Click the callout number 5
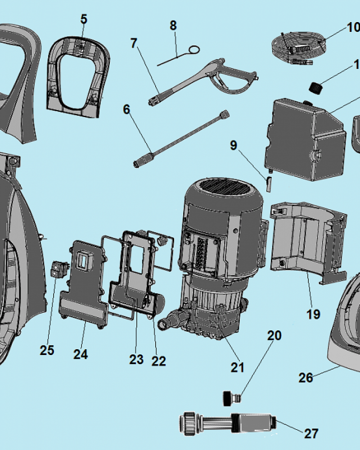84,19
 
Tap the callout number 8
173,26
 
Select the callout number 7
134,44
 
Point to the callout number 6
126,109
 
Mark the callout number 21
237,367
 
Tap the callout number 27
311,433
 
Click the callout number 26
306,377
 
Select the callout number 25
47,350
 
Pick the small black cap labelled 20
230,397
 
